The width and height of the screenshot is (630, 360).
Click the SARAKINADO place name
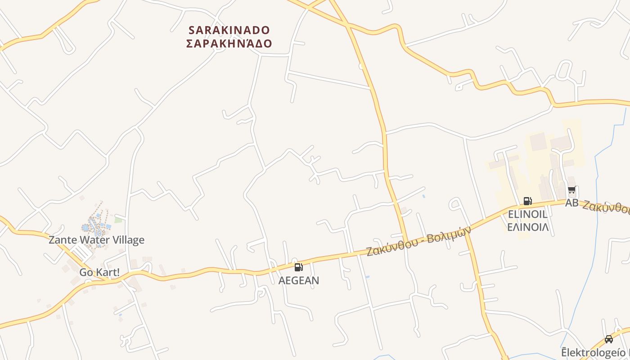pos(229,30)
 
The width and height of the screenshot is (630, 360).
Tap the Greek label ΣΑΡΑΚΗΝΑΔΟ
pos(229,44)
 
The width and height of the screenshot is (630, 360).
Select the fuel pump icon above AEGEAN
pos(298,267)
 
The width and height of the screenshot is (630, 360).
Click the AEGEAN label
pos(299,280)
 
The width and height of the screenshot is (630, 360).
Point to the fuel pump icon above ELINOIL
pos(527,201)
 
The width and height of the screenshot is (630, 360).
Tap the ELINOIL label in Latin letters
pos(527,214)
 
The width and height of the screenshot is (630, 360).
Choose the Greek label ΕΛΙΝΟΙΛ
pos(528,227)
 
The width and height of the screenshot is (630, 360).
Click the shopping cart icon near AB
pos(571,190)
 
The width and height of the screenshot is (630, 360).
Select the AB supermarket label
pos(571,203)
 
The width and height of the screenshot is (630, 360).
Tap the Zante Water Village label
pos(96,240)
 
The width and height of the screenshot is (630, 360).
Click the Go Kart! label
pos(99,272)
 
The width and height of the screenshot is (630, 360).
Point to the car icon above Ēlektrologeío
pos(609,339)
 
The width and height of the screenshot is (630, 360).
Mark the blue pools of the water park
pos(95,223)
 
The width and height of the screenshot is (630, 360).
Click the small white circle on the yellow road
pos(361,67)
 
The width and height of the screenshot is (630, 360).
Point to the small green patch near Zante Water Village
pos(118,220)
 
